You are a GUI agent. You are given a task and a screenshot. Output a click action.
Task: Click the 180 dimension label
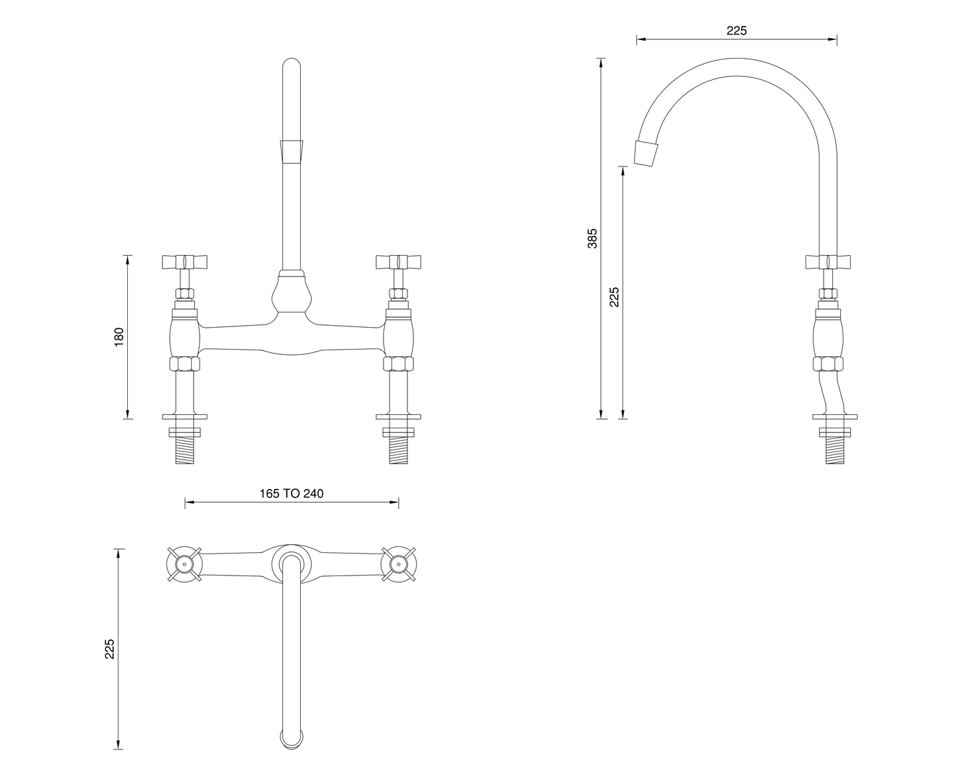click(120, 337)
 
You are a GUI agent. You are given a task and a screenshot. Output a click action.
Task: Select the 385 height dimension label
click(593, 238)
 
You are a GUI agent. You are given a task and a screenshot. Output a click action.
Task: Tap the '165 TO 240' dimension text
click(291, 494)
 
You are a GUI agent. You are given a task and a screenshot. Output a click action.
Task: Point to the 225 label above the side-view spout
click(736, 31)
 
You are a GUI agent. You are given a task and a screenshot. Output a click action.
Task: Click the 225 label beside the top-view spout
click(110, 649)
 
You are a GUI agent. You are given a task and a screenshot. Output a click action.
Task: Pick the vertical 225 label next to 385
click(614, 296)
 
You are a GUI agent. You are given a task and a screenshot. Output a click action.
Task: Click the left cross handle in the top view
click(184, 564)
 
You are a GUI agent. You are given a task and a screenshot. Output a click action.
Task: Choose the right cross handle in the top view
click(398, 564)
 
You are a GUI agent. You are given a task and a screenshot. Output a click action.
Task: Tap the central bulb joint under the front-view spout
click(292, 294)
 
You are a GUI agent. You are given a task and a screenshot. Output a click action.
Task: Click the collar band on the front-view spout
click(292, 151)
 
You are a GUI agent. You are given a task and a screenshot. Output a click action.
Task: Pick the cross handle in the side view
click(828, 260)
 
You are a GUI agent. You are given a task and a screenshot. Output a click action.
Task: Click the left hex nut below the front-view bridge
click(185, 364)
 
